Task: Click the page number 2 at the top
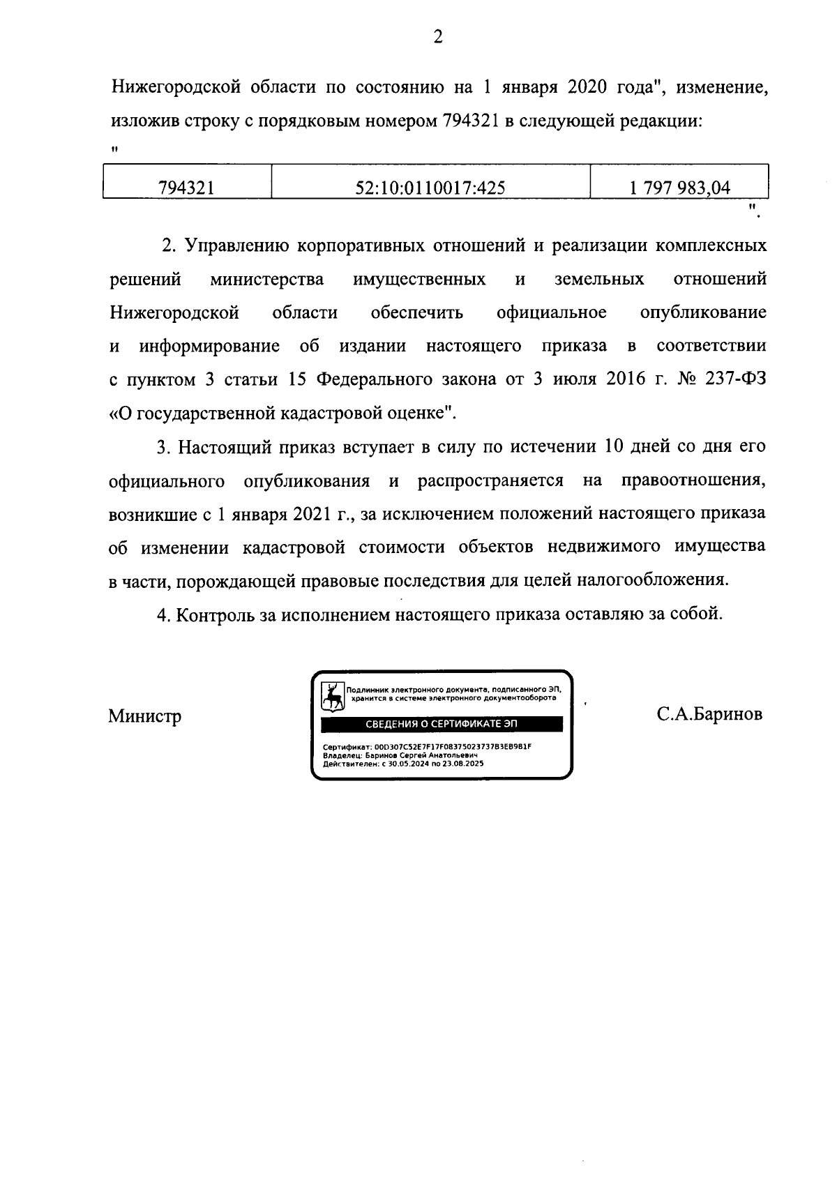click(x=437, y=37)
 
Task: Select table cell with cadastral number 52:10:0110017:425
click(x=430, y=187)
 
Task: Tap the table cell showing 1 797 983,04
click(x=679, y=187)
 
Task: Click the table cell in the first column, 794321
click(x=186, y=187)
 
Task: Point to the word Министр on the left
click(x=144, y=716)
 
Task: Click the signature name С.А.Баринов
click(x=709, y=714)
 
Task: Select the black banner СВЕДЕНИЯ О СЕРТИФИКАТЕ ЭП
click(x=442, y=724)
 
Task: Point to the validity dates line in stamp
click(x=403, y=764)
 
